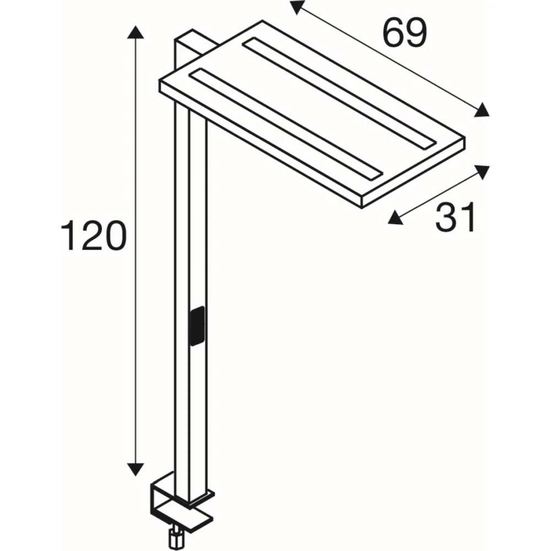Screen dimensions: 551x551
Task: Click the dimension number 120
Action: pyautogui.click(x=94, y=235)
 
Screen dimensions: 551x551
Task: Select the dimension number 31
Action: pyautogui.click(x=456, y=217)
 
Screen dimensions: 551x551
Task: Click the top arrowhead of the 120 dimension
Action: pyautogui.click(x=136, y=32)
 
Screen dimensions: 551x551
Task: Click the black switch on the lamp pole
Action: pyautogui.click(x=197, y=326)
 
